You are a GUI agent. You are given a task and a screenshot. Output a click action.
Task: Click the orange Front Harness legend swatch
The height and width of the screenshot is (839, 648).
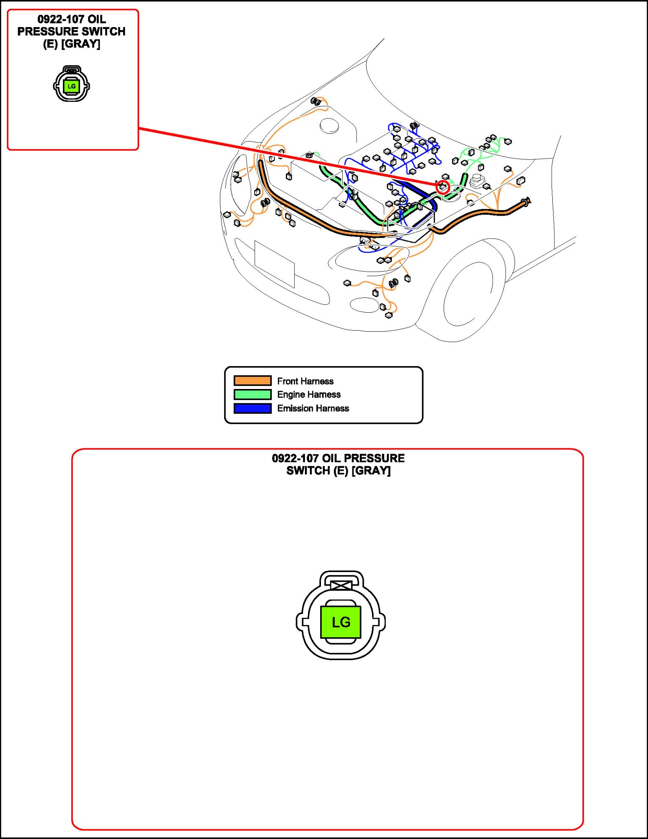[252, 381]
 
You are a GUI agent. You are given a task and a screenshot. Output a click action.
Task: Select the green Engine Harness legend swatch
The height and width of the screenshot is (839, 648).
[252, 394]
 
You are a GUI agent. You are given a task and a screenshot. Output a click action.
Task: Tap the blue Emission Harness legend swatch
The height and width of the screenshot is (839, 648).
[252, 408]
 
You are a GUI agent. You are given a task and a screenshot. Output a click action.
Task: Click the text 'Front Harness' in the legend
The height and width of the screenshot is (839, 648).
[305, 381]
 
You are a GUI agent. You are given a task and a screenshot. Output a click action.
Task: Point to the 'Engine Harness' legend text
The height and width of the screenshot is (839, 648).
[309, 394]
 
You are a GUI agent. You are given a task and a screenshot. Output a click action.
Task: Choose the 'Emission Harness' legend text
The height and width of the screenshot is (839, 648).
[313, 408]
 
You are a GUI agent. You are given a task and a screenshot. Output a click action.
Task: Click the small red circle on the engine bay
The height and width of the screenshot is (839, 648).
[443, 187]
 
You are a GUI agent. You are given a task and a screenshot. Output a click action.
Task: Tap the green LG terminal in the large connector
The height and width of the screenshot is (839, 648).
[341, 622]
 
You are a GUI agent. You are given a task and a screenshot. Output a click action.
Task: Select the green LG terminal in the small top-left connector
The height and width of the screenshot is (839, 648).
[71, 86]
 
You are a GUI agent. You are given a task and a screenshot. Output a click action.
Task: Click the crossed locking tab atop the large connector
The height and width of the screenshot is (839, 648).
[341, 585]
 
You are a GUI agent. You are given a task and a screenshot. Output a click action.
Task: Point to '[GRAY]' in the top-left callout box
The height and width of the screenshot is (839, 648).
[81, 44]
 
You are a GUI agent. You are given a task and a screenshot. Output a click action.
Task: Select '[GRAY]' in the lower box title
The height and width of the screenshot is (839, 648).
[371, 470]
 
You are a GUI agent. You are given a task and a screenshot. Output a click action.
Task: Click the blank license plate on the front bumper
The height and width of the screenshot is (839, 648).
[274, 264]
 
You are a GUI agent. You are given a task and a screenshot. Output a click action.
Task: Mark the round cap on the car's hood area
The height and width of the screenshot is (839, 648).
[329, 125]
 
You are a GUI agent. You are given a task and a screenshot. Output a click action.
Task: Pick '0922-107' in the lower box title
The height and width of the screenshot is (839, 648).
[295, 458]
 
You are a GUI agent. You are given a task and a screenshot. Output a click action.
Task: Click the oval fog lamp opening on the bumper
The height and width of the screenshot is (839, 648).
[364, 305]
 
